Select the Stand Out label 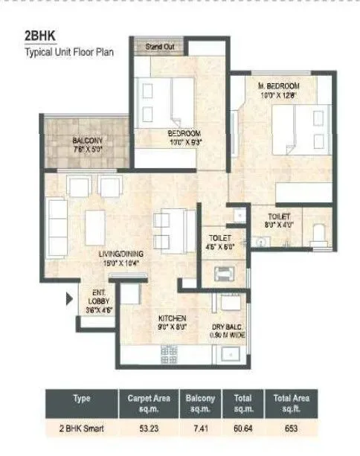[158, 46]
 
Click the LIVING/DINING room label [121, 257]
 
